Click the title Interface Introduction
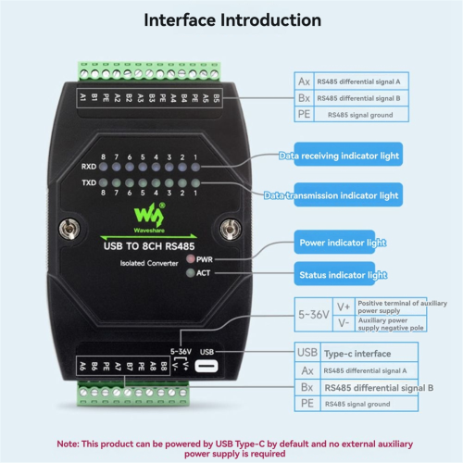point(232,20)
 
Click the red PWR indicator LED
point(191,260)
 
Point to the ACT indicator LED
point(191,273)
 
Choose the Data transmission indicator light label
point(332,195)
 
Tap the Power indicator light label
point(342,243)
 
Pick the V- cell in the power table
point(344,325)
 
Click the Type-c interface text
point(360,353)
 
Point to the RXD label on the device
point(89,168)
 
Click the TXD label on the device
point(89,183)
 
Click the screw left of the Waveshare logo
point(69,227)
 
